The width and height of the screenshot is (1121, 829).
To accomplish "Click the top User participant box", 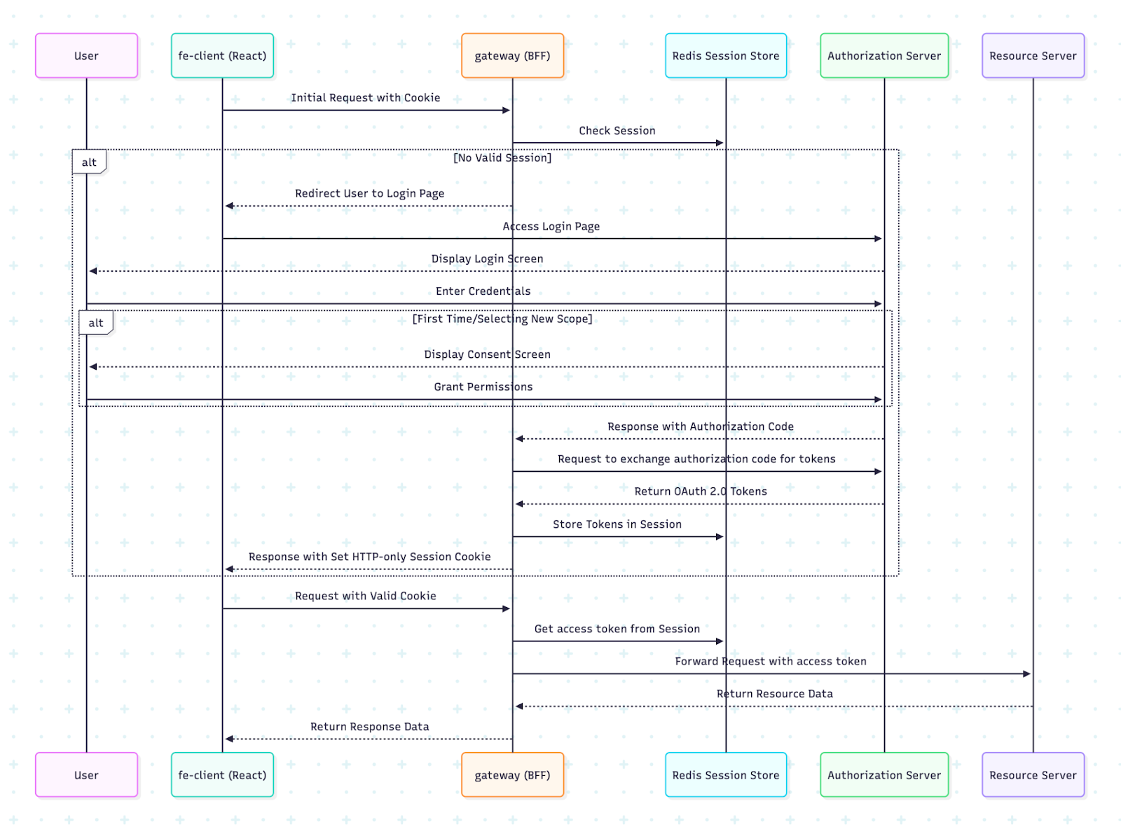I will [86, 55].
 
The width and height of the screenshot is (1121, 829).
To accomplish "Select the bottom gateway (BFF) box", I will [512, 774].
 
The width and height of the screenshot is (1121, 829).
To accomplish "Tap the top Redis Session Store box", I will [725, 55].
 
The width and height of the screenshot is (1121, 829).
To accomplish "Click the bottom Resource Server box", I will [1033, 774].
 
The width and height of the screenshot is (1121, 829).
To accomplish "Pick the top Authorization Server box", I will [883, 55].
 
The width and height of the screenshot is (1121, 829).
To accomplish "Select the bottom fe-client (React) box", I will [222, 774].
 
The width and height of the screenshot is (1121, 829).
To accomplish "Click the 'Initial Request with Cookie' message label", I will [365, 97].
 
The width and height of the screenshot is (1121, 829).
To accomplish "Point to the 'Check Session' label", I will [617, 130].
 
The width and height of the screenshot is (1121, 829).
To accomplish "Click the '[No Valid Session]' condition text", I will [502, 158].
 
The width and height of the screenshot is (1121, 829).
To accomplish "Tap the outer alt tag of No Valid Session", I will [89, 162].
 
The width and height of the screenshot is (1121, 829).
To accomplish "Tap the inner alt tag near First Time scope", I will [96, 323].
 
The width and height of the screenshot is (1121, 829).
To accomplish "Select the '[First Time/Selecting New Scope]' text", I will [502, 319].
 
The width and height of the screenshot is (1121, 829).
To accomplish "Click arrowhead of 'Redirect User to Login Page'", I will [229, 206].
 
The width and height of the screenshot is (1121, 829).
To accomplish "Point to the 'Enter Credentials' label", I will [483, 291].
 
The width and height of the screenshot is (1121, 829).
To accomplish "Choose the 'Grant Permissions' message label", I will [483, 386].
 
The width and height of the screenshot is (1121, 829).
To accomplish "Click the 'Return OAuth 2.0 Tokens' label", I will [700, 491].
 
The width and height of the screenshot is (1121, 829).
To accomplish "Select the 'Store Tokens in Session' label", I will [617, 524].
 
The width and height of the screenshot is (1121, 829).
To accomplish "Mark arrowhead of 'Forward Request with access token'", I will [1026, 674].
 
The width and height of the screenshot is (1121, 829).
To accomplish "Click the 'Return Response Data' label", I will [369, 726].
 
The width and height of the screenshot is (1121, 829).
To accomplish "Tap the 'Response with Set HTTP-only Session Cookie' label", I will [369, 556].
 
